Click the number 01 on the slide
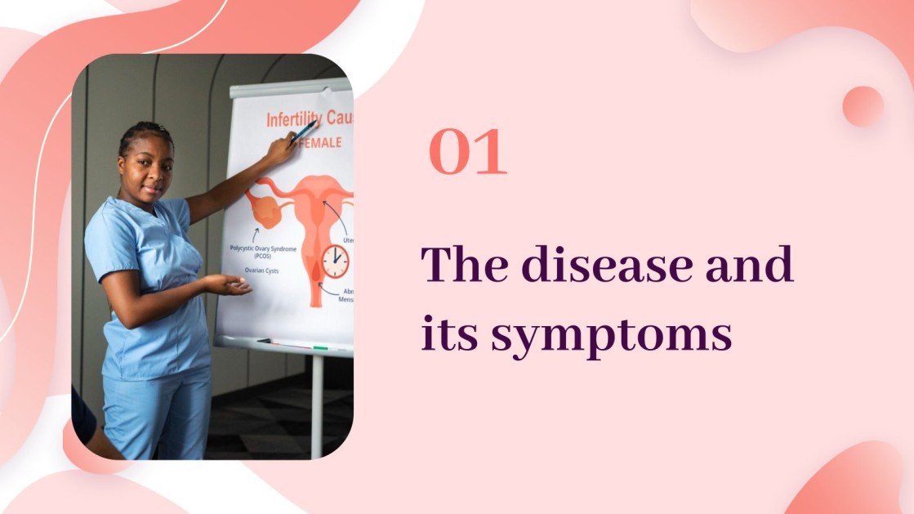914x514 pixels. tap(468, 153)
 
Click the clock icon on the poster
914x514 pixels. tap(335, 261)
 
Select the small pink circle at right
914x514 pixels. tap(863, 106)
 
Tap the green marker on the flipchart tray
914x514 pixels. tap(320, 347)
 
